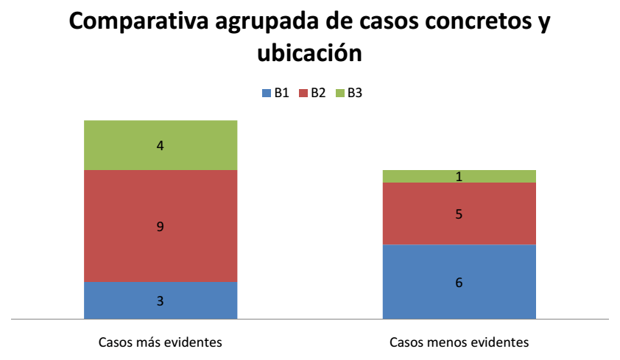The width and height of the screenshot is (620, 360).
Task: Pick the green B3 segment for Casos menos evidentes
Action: point(427,176)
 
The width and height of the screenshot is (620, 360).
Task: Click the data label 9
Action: point(161,227)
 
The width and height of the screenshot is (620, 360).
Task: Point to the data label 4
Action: point(161,146)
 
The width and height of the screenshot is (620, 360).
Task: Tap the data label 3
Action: point(161,301)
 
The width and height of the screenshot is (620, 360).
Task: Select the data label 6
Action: point(459,282)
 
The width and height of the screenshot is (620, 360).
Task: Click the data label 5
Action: point(459,214)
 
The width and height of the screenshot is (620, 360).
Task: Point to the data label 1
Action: point(459,177)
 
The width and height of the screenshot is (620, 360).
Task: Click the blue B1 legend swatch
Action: point(267,93)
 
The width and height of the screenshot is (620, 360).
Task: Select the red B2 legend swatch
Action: point(303,93)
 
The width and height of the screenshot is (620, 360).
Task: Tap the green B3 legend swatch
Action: point(339,93)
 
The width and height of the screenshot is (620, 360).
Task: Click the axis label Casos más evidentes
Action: point(161,342)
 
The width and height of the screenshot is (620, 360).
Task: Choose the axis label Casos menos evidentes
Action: point(459,342)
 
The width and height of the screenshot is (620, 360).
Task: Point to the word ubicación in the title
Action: point(309,52)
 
